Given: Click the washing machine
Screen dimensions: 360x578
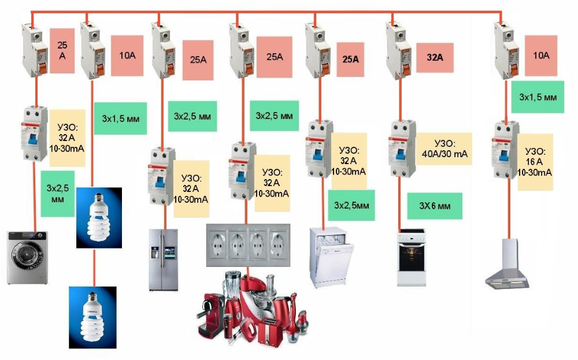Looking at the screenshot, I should tap(27, 257).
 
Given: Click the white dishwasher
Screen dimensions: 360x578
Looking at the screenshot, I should tap(331, 258).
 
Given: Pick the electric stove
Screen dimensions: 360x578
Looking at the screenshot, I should tap(411, 258).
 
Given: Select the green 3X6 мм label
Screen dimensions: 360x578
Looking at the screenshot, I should tap(435, 205).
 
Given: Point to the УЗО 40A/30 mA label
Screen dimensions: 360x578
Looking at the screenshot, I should tap(444, 149).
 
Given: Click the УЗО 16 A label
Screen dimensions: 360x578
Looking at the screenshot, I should tap(535, 162).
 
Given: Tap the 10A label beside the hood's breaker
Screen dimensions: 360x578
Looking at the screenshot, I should tap(541, 56).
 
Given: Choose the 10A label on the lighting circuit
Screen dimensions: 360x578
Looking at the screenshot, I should tap(127, 55).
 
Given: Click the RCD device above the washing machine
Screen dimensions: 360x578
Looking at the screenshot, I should tap(34, 132).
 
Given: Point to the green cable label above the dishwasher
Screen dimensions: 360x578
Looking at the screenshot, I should tap(348, 205).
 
